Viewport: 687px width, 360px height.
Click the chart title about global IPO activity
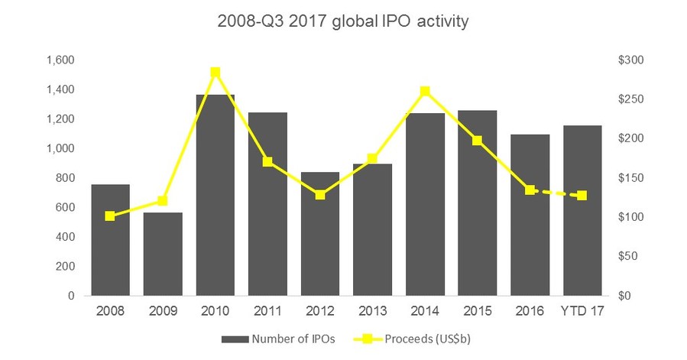click(344, 21)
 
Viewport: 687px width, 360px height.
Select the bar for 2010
click(215, 195)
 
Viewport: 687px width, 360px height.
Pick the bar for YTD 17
click(582, 210)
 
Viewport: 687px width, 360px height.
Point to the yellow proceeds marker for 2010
click(215, 73)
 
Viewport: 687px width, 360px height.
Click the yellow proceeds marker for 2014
click(426, 92)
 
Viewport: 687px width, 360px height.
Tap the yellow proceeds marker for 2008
click(110, 216)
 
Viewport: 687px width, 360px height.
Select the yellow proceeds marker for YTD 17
click(582, 196)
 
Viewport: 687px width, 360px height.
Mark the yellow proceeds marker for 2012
click(320, 195)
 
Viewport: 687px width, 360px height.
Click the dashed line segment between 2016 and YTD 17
click(556, 193)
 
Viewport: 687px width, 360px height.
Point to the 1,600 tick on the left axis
click(62, 60)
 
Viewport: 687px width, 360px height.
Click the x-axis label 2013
click(373, 311)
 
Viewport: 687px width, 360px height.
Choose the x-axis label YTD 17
click(582, 311)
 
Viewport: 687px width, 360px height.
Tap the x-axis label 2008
click(110, 311)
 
